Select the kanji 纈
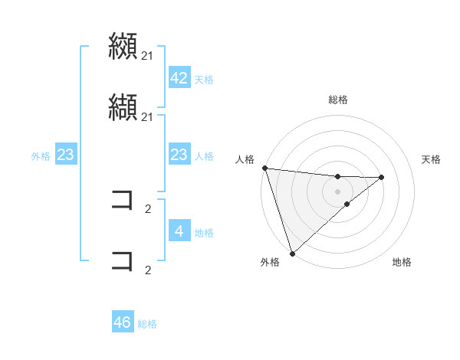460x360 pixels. [x=123, y=107]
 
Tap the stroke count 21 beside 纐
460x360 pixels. [x=148, y=55]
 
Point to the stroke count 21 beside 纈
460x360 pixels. [x=148, y=116]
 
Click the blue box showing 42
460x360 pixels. [x=179, y=78]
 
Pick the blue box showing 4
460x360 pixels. [x=179, y=231]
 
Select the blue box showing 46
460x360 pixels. [x=123, y=322]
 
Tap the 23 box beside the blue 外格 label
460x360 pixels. [x=65, y=155]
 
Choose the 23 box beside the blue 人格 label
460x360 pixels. [x=179, y=155]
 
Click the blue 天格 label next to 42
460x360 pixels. [x=204, y=79]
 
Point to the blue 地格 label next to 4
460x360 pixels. [x=204, y=232]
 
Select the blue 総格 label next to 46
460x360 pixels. [x=147, y=324]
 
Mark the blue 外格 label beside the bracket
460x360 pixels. [x=41, y=156]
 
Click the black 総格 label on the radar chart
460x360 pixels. [x=337, y=100]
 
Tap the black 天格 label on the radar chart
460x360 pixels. [x=432, y=159]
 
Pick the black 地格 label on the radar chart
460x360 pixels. [x=402, y=262]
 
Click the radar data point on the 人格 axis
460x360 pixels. [x=264, y=168]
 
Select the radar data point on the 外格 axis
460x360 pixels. [x=292, y=253]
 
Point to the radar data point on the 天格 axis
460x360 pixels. [x=382, y=177]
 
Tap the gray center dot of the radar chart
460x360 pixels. [x=337, y=191]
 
